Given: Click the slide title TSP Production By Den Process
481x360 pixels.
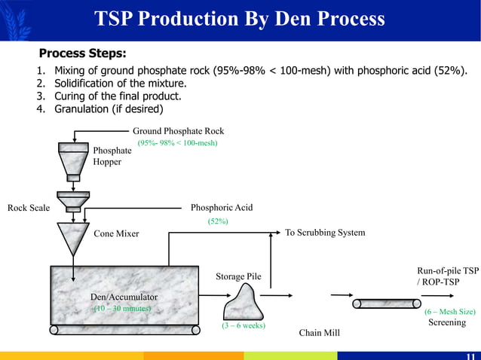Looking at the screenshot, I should [240, 19].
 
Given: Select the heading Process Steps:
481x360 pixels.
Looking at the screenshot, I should [82, 53].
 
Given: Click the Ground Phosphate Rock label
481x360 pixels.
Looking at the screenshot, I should [178, 131].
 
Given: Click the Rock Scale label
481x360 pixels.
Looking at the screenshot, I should [29, 208].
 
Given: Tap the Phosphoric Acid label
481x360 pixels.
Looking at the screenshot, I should [222, 208].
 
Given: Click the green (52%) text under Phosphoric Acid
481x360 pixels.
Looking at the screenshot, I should [218, 221].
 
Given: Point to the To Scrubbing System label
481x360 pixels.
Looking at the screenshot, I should [325, 233].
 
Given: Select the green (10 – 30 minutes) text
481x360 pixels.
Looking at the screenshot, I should [121, 309].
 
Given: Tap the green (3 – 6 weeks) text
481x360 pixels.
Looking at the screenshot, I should [243, 326].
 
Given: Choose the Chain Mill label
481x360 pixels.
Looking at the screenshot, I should [320, 331].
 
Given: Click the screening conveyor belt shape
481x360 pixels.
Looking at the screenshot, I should [389, 304].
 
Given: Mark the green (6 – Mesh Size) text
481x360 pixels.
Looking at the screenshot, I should [450, 311].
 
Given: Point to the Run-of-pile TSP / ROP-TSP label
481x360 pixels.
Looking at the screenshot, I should [448, 276].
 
